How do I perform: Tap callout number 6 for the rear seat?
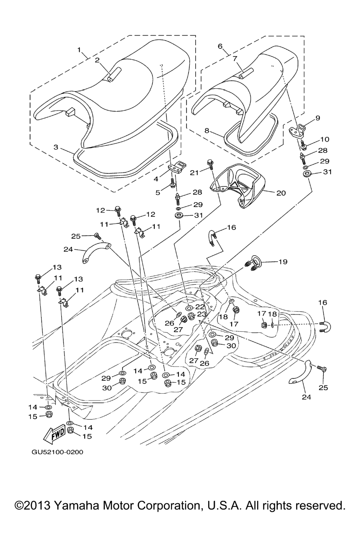pos(220,46)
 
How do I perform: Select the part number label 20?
pos(281,193)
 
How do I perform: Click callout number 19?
pos(283,262)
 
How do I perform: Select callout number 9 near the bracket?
pos(318,118)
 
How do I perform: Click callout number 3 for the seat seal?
pos(56,147)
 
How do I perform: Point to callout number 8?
pos(207,130)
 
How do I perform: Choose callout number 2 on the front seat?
pos(97,60)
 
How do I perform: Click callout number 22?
pos(200,307)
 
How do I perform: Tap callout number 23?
pos(201,314)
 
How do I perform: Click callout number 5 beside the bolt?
pos(158,192)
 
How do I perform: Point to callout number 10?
pos(324,140)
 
